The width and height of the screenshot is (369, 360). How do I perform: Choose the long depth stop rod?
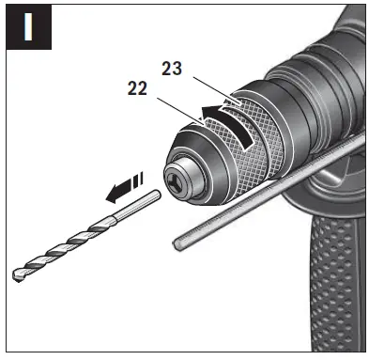pos(272,193)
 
